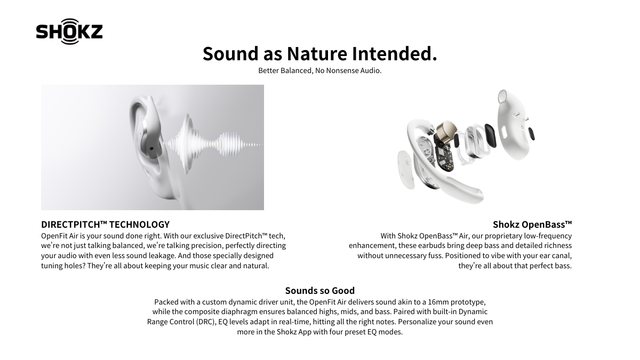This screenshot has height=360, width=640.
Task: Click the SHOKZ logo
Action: tap(69, 31)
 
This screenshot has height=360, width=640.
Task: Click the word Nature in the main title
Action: tap(317, 53)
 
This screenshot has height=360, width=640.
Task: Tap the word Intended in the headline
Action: tap(394, 53)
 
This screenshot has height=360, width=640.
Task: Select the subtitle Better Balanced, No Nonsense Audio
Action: tap(319, 70)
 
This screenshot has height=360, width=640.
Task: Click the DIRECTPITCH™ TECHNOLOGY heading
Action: tap(105, 225)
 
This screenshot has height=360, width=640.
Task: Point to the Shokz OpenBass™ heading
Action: tap(532, 225)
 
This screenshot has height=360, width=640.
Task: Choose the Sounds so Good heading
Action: tap(319, 291)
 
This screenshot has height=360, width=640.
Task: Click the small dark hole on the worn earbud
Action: tap(151, 149)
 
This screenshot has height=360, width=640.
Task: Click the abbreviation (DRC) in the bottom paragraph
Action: tap(206, 322)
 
